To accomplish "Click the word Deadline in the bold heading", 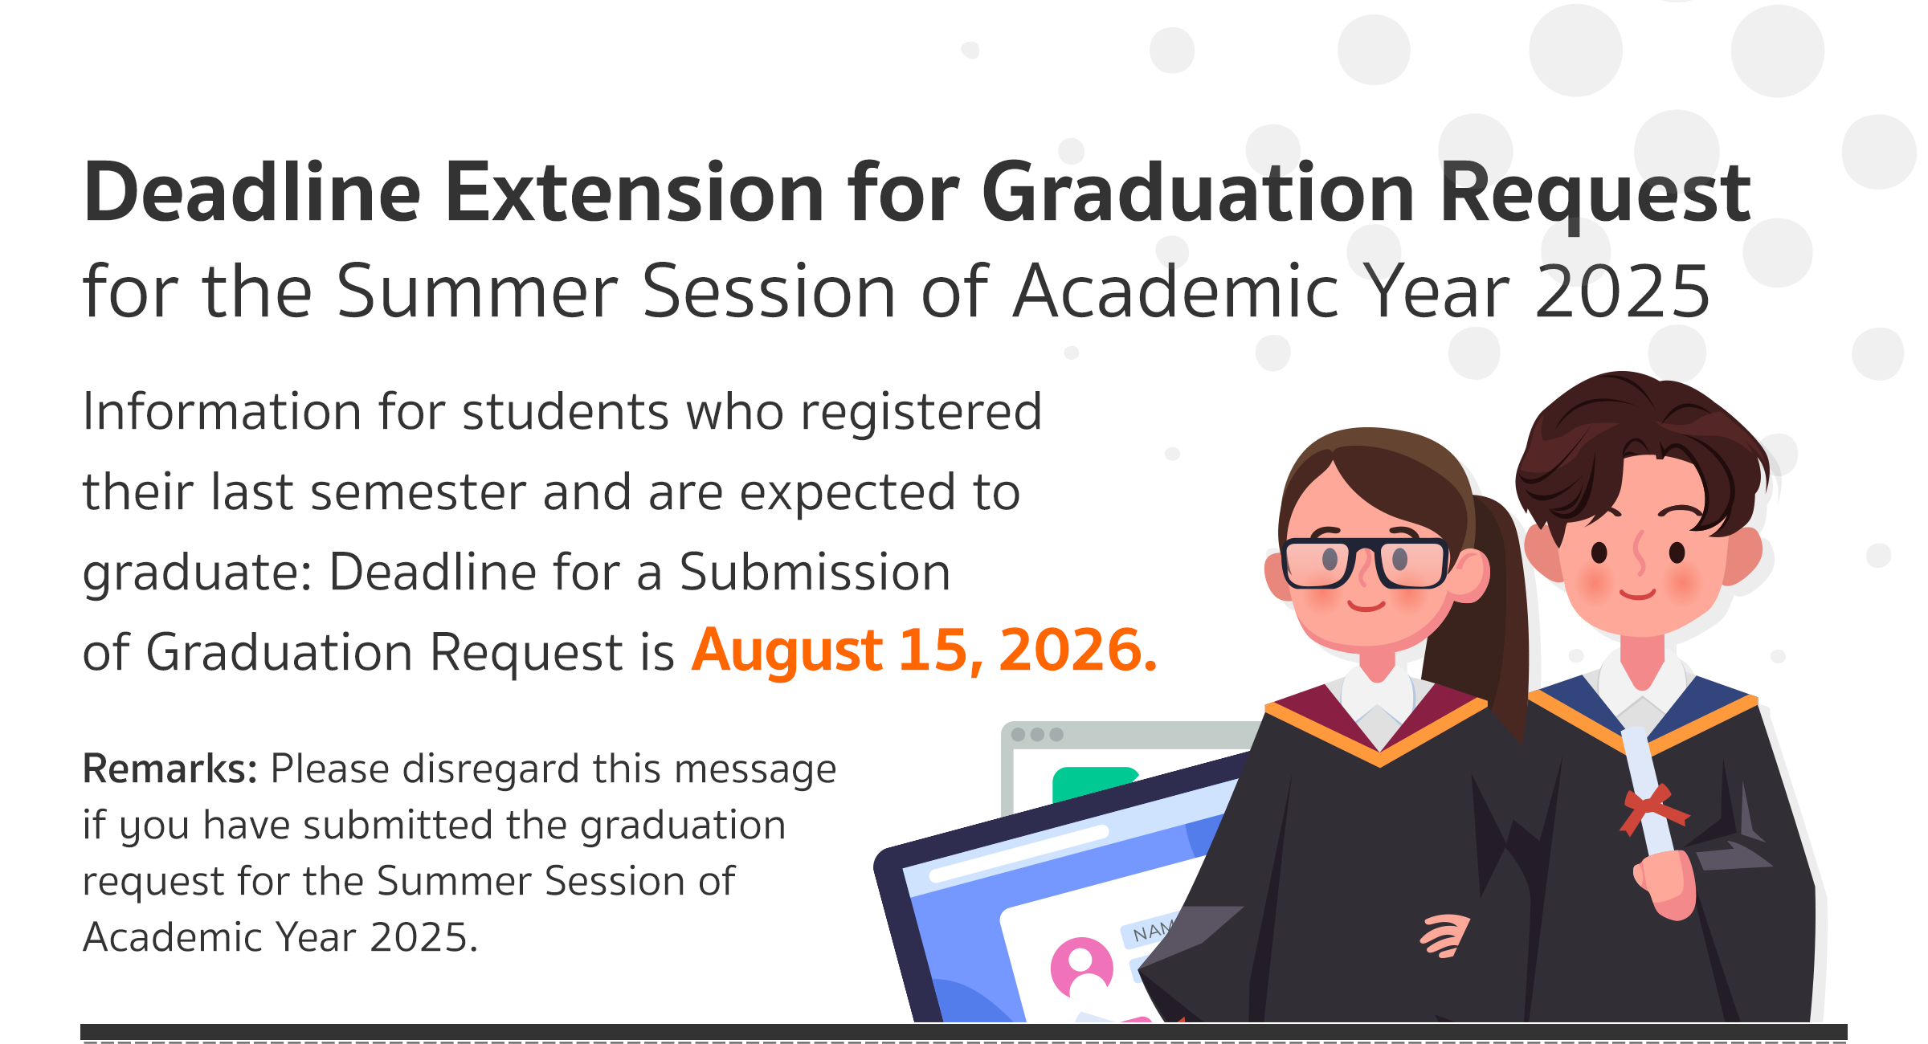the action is [x=252, y=192].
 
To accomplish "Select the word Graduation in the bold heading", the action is [x=1198, y=192].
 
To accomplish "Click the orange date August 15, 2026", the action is [x=925, y=650].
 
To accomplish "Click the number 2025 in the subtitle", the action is [x=1623, y=291].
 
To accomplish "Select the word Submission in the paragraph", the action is [x=815, y=572].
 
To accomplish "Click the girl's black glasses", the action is [x=1365, y=562].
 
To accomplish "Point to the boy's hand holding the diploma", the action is [x=1668, y=884].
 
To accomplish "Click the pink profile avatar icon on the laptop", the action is [x=1081, y=968].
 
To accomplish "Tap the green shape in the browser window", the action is [x=1093, y=783].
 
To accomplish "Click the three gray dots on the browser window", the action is [x=1037, y=734].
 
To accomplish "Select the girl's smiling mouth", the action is [x=1366, y=604].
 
